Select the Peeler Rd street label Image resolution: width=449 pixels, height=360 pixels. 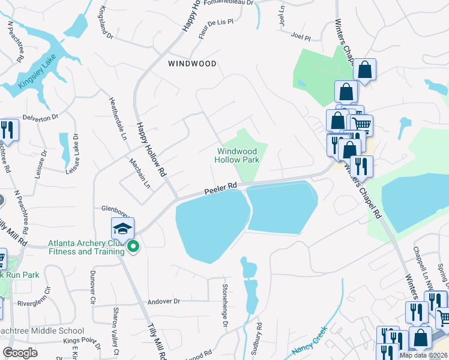[x=221, y=188]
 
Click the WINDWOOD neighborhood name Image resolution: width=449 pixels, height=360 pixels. [x=191, y=63]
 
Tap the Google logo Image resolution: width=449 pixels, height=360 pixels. [x=20, y=353]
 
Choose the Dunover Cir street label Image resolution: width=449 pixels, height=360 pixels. [x=92, y=286]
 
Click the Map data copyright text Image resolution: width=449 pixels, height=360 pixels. [x=423, y=355]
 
